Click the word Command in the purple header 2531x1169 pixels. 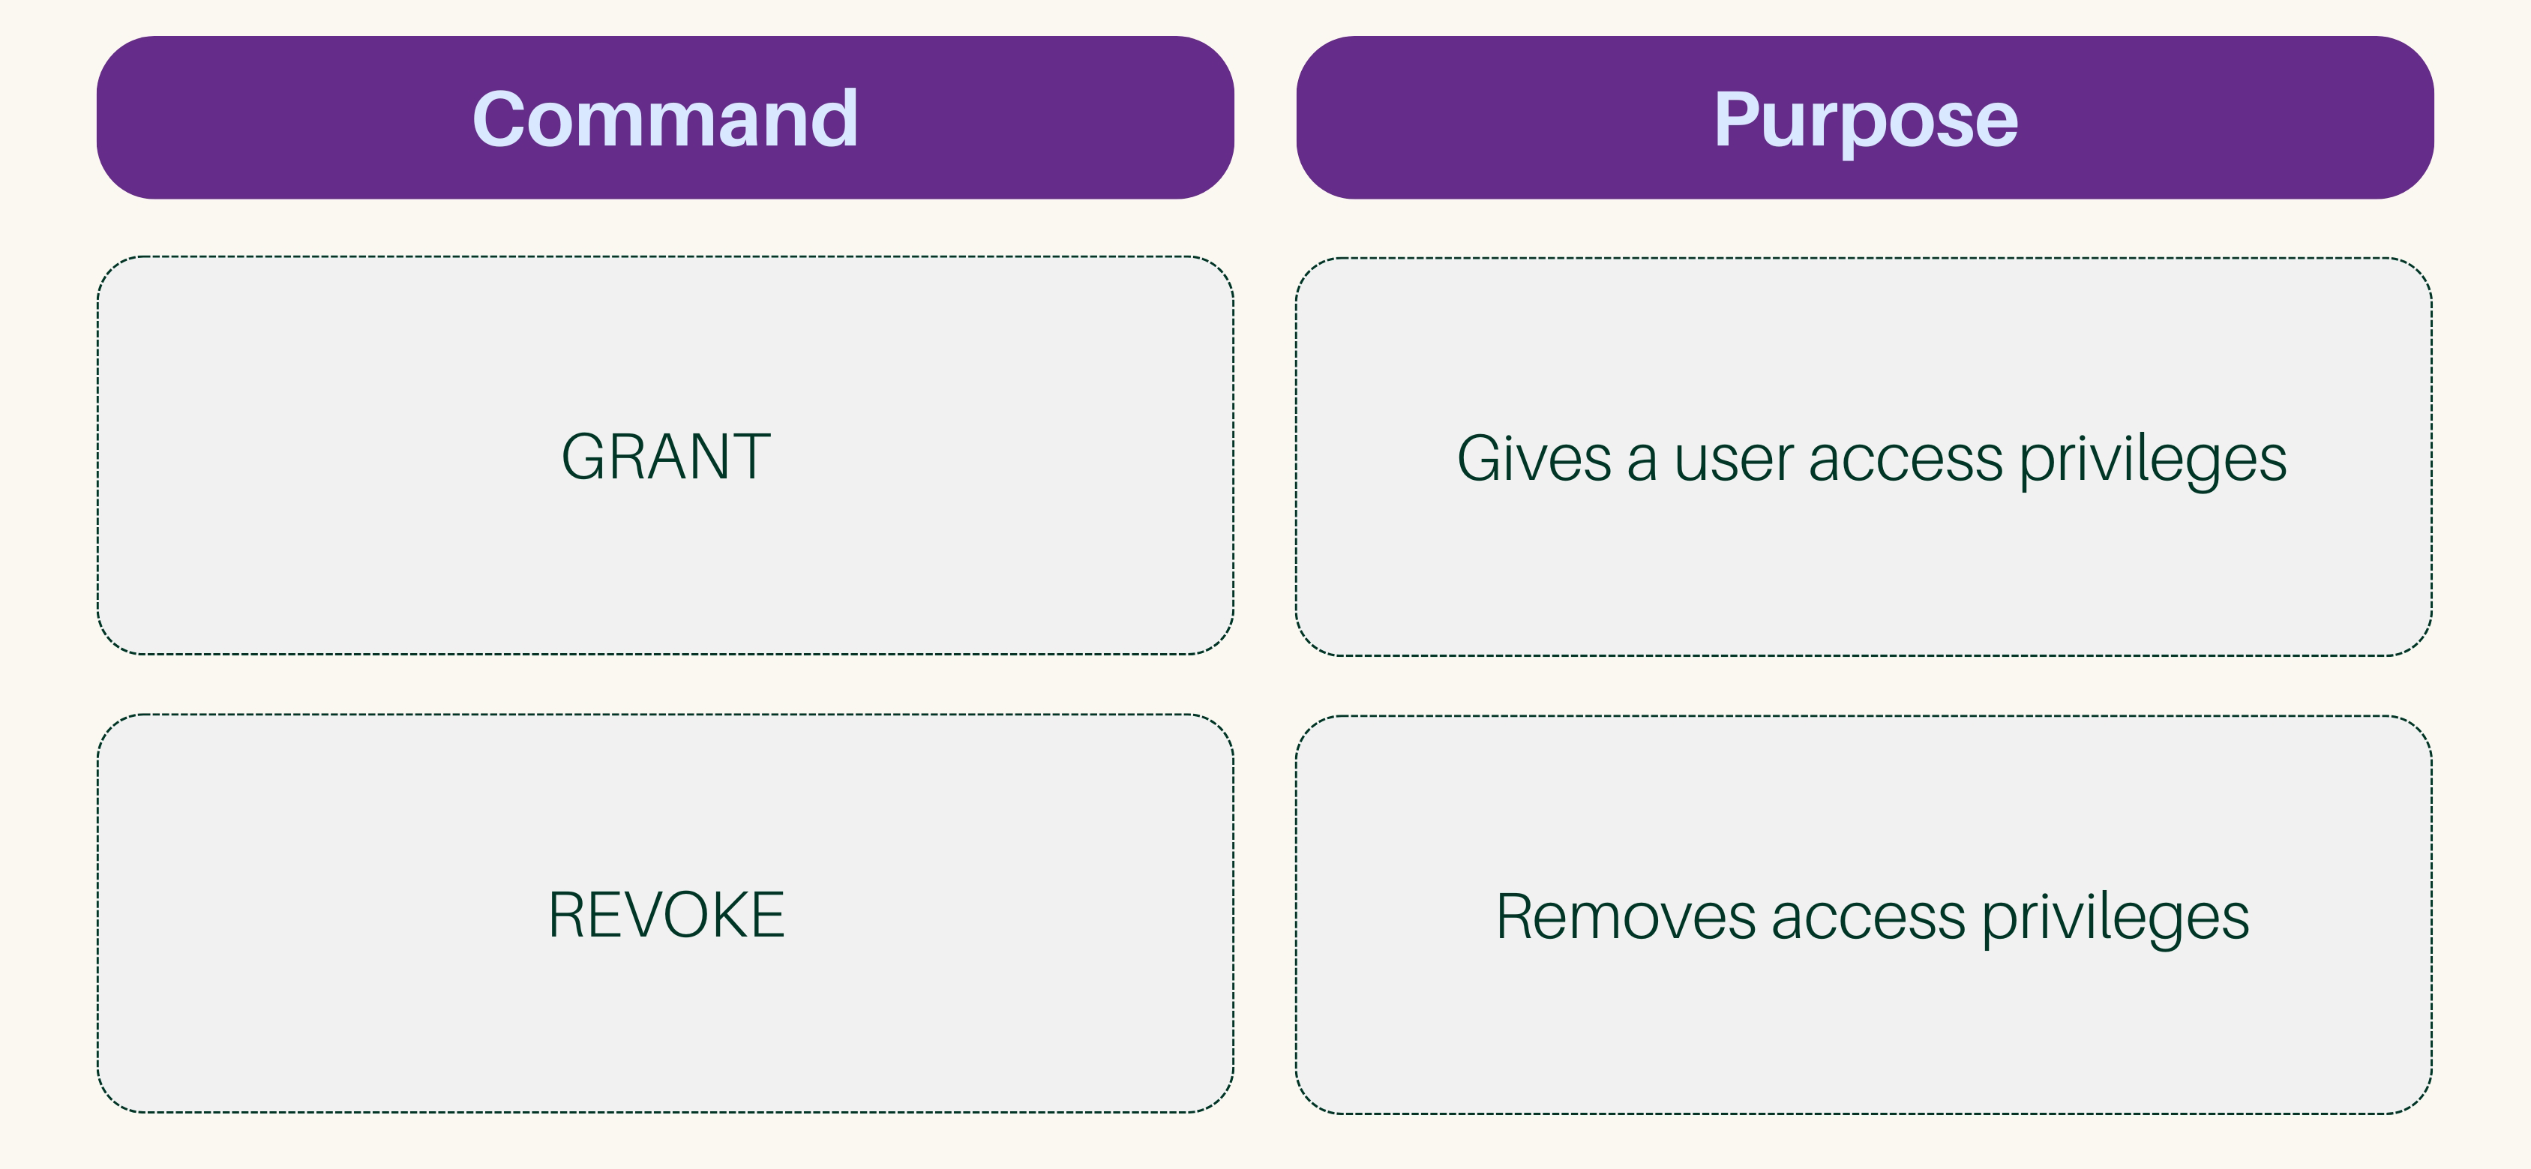click(665, 119)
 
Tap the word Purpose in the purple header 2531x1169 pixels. click(1865, 119)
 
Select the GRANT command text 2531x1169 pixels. click(665, 457)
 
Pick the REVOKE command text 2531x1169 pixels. click(665, 915)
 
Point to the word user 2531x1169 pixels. click(1733, 460)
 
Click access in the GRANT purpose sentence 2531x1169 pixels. click(1904, 460)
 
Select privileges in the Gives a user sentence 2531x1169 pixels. click(2152, 460)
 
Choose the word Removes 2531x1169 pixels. click(1624, 916)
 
